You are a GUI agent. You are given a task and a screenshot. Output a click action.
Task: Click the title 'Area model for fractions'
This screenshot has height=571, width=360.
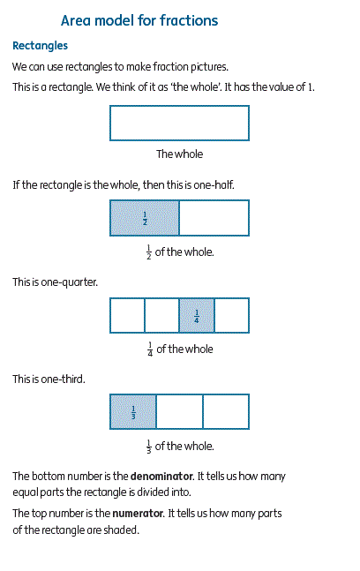139,20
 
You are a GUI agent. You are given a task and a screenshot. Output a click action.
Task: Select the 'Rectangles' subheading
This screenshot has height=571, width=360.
40,46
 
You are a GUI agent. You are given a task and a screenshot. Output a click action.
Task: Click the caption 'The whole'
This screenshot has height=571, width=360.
179,154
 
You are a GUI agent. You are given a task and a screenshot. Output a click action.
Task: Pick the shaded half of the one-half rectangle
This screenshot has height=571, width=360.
145,218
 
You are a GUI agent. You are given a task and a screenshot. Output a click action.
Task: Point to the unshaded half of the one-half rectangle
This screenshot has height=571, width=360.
214,218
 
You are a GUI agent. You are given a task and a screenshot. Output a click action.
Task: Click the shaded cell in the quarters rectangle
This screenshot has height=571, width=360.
197,315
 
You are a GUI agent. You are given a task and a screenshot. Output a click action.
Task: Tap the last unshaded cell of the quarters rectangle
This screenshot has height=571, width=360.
232,315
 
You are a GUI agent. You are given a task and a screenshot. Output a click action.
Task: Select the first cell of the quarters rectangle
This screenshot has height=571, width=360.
127,315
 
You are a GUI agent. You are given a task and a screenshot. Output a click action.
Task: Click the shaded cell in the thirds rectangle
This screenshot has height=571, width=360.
133,411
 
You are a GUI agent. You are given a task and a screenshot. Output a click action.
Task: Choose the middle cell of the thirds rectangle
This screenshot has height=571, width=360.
179,411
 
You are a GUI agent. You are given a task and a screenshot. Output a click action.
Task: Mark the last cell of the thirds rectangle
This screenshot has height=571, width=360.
226,411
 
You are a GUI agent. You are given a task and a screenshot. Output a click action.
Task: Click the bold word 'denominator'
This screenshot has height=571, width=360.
161,477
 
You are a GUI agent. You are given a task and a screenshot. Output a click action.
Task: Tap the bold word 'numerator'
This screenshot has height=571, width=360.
138,514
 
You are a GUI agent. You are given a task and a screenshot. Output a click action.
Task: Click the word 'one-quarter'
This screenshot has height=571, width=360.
69,282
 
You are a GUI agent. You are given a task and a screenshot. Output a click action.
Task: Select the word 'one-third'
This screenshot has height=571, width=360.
63,379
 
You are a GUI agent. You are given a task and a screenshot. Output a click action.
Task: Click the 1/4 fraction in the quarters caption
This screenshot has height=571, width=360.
150,349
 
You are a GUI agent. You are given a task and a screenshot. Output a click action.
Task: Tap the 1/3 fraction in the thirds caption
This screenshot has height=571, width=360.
149,447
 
